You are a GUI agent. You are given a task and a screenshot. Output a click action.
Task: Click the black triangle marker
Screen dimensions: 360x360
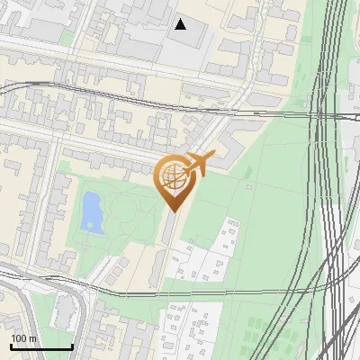(181, 24)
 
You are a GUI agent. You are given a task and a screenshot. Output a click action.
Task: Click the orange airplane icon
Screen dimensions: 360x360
(199, 165)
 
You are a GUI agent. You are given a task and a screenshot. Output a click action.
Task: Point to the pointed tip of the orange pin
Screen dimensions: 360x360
(172, 211)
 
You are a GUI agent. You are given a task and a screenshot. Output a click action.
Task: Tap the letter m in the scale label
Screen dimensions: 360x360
(32, 338)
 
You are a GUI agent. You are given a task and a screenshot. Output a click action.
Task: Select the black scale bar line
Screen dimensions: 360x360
(41, 347)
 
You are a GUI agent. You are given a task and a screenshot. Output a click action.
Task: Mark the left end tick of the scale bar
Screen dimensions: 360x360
(11, 346)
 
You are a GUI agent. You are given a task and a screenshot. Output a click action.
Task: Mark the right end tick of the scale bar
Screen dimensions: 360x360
(72, 346)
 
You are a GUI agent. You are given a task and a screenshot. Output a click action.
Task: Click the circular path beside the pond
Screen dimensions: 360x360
(126, 212)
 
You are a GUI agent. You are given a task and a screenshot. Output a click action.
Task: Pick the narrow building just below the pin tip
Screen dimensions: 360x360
(168, 229)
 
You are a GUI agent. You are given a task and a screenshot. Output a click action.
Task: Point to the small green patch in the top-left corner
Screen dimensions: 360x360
(65, 39)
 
